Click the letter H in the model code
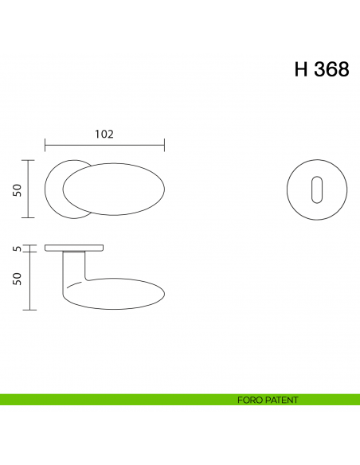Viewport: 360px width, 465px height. tap(301, 69)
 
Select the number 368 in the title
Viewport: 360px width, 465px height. tap(331, 69)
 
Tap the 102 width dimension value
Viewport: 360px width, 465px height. tap(104, 134)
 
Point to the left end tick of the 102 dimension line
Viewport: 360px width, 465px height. tap(45, 145)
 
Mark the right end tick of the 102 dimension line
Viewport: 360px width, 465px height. tap(164, 145)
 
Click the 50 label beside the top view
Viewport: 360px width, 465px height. tap(16, 189)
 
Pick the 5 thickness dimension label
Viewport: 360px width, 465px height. tap(16, 249)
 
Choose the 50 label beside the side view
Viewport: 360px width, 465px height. tap(16, 279)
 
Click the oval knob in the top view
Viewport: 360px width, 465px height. tap(115, 190)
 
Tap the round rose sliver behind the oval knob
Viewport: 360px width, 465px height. tap(54, 189)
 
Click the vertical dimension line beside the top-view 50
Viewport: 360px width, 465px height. tap(29, 189)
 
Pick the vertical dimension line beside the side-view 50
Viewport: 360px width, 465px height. tap(29, 280)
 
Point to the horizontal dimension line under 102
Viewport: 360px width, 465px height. tap(104, 145)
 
